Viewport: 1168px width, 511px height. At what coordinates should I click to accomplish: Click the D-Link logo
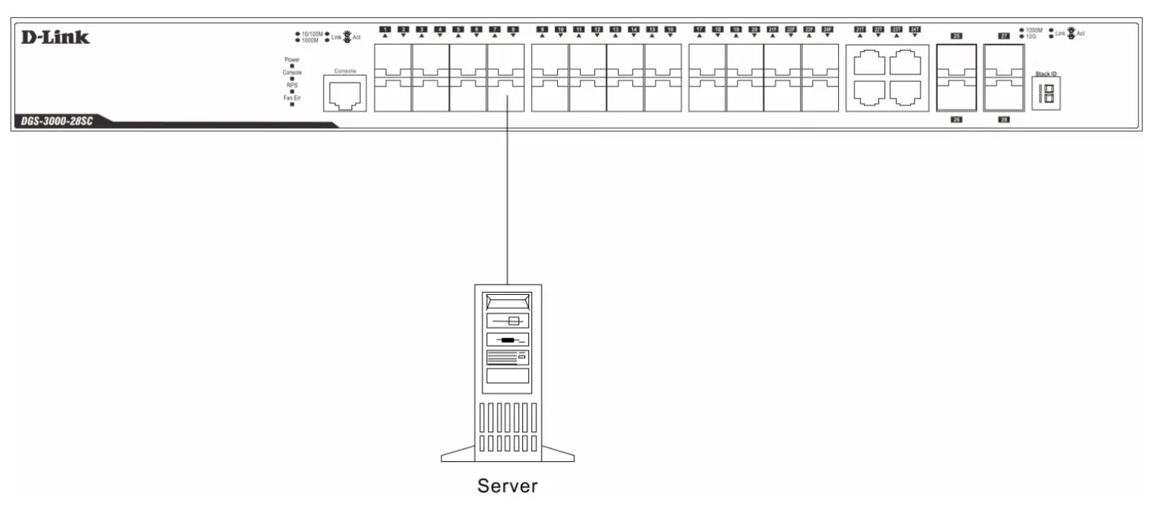click(55, 37)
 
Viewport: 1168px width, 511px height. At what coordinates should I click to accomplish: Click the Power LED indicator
click(292, 66)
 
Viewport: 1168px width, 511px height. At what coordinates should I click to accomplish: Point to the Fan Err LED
click(292, 104)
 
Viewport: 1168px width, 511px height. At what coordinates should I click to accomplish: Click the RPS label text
click(292, 85)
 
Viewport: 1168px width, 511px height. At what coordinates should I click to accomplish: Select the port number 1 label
click(385, 29)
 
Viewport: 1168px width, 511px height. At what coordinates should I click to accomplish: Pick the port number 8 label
click(512, 29)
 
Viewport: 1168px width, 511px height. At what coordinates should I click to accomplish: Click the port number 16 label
click(670, 29)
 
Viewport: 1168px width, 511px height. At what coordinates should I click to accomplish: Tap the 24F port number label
click(827, 29)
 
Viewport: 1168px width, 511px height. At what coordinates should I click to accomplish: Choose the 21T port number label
click(860, 29)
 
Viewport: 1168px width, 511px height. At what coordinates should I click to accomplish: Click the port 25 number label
click(956, 35)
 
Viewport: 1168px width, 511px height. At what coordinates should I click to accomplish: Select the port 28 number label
click(1003, 119)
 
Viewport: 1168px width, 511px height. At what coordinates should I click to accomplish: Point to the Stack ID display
click(1046, 94)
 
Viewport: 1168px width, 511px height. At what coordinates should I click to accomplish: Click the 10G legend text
click(1031, 36)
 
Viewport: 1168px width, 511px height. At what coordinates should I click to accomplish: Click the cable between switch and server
click(507, 194)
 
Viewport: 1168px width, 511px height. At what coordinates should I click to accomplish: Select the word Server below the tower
click(507, 486)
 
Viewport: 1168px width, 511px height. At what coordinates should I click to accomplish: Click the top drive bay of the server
click(507, 302)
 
